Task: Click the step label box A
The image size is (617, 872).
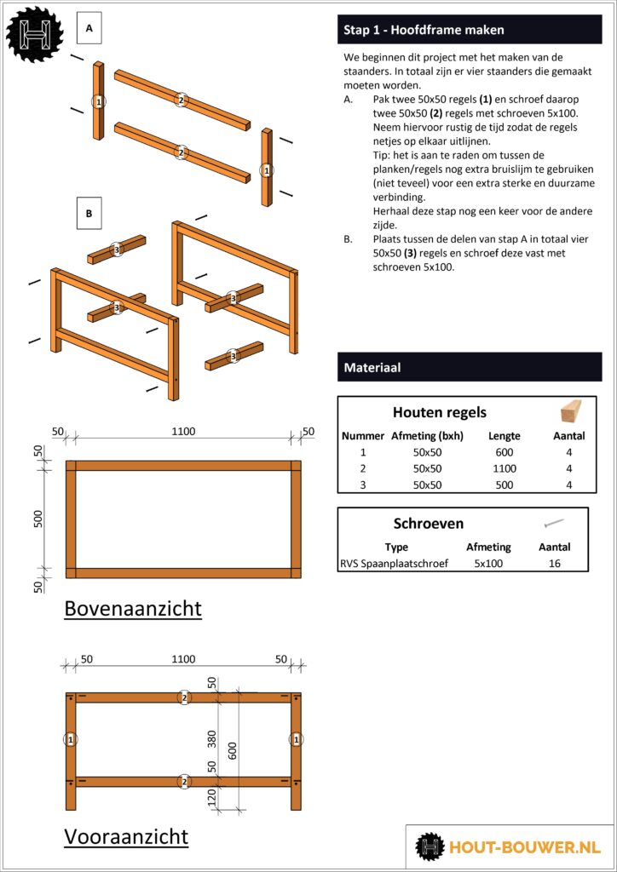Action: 89,29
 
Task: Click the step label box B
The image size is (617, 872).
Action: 89,213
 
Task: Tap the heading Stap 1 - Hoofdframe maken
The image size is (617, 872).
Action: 424,30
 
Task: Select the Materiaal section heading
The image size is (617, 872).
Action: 372,368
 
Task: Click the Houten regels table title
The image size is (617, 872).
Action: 439,412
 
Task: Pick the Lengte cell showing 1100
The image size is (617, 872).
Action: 504,468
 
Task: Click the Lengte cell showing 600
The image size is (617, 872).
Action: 504,452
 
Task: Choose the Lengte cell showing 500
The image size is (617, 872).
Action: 504,484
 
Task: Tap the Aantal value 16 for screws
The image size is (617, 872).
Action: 555,563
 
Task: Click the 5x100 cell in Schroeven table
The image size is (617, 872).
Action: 488,563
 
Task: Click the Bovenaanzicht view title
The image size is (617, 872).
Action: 133,608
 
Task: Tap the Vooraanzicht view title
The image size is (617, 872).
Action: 126,837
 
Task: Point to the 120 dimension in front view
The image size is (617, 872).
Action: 213,798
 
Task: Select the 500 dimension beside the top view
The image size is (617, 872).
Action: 38,519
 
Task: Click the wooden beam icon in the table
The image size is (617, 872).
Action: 568,412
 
